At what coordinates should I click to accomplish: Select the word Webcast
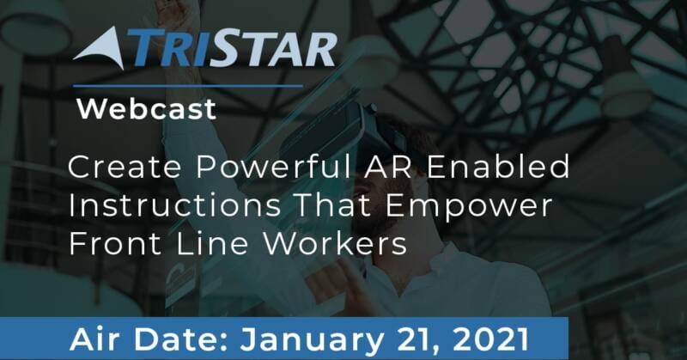[146, 109]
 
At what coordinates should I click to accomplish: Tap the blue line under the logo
[188, 86]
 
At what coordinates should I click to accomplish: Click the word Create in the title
[125, 167]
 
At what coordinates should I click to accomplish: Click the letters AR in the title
[389, 167]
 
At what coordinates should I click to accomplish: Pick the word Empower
[469, 207]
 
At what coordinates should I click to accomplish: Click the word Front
[115, 244]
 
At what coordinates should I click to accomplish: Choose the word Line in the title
[212, 244]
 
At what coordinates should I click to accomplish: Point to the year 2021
[490, 340]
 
